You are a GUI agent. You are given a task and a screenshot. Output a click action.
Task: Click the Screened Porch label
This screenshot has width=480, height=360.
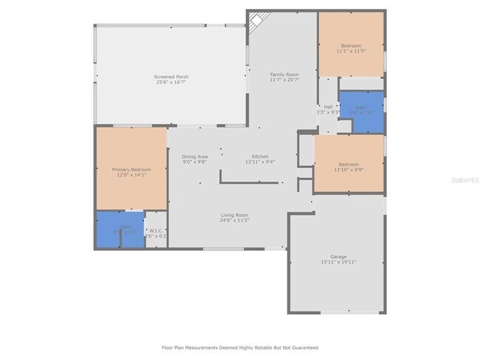170,77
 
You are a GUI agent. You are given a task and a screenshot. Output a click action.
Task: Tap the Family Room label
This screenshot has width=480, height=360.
284,75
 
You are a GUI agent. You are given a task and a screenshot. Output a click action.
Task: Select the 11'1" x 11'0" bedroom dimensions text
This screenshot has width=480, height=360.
351,52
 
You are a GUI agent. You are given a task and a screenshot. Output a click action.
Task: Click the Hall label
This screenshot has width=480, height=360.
328,106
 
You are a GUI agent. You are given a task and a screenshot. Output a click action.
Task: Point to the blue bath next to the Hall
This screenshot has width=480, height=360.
361,111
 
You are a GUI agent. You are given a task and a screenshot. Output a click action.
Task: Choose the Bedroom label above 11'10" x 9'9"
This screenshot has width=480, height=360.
349,164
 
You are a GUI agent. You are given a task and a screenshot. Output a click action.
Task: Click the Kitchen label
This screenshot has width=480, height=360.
260,156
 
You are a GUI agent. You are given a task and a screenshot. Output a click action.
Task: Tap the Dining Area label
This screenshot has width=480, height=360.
195,156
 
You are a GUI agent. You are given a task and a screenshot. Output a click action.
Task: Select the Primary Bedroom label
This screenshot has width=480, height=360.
131,170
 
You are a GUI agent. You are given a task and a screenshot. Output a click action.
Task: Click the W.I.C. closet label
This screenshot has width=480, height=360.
156,230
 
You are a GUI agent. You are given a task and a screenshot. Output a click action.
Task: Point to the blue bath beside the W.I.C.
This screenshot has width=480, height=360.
119,229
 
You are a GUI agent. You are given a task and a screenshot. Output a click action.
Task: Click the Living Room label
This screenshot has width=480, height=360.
233,215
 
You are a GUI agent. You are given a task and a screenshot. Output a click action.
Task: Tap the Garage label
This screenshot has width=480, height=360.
338,256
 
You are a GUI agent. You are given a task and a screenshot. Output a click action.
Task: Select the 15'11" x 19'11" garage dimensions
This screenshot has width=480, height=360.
338,262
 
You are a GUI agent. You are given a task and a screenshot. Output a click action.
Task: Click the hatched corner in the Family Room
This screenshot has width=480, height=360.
255,22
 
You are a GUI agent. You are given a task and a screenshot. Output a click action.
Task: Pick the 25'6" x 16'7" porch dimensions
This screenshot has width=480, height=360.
170,83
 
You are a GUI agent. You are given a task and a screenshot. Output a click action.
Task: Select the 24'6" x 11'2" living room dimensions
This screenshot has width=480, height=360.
233,221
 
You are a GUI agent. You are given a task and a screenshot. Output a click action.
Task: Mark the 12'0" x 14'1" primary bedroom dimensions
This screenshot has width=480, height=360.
131,176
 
